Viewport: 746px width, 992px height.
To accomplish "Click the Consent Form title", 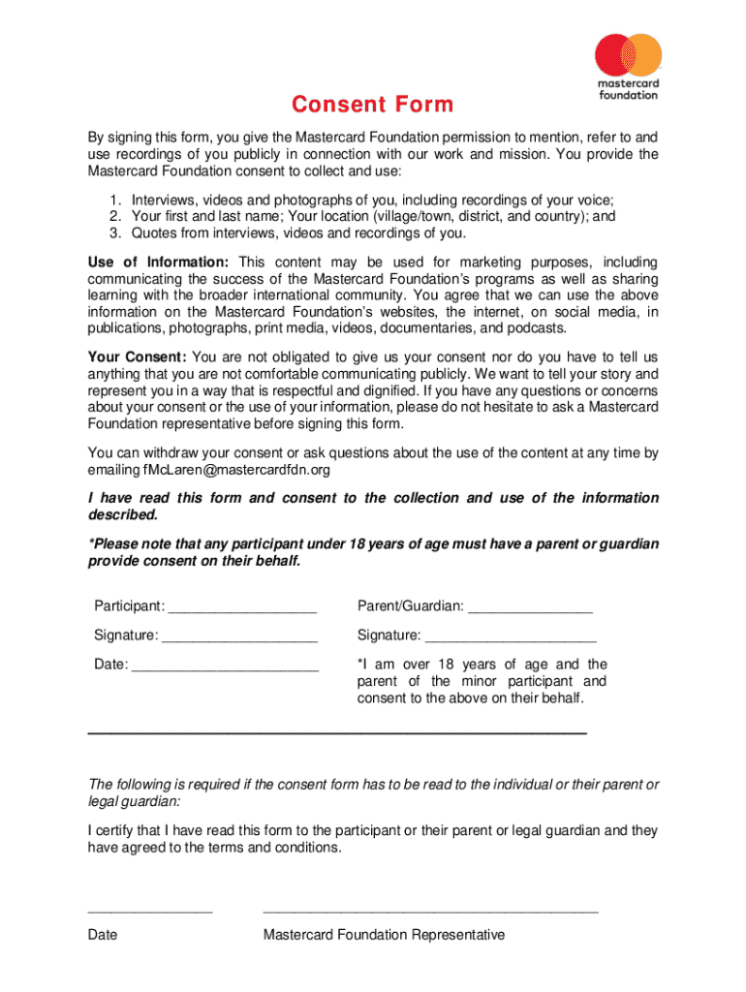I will [373, 105].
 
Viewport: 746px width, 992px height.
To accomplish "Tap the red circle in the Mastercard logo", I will [614, 54].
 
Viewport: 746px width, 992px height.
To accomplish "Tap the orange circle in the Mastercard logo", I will [642, 54].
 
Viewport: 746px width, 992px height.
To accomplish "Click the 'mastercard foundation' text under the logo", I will [628, 89].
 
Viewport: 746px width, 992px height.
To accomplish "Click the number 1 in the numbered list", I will [112, 201].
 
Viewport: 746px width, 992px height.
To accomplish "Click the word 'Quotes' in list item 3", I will [153, 233].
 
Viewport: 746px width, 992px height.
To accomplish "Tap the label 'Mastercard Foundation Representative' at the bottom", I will [384, 935].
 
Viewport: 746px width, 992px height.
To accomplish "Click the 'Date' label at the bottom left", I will [103, 935].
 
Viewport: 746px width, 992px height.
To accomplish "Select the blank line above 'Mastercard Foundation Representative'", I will [430, 913].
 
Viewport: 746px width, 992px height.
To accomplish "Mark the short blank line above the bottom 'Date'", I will [150, 913].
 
